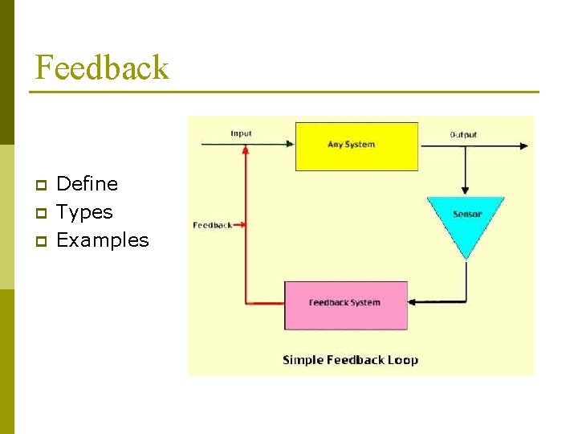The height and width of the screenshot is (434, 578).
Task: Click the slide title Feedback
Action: click(101, 68)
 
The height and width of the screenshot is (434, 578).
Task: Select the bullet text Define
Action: click(87, 184)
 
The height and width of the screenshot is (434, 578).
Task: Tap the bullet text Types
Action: click(84, 212)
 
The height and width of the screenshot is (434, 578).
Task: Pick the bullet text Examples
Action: click(103, 240)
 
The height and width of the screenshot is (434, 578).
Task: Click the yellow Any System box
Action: click(356, 146)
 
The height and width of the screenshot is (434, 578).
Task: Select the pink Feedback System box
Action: click(346, 305)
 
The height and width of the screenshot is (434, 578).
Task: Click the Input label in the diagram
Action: click(241, 133)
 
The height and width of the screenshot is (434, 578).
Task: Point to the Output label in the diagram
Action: click(463, 134)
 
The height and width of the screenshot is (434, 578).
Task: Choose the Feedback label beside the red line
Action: click(213, 225)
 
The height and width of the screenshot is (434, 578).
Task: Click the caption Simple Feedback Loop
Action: click(350, 360)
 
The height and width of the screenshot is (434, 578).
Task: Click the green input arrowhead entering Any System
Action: click(290, 145)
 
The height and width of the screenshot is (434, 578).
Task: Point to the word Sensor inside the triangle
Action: click(466, 215)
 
